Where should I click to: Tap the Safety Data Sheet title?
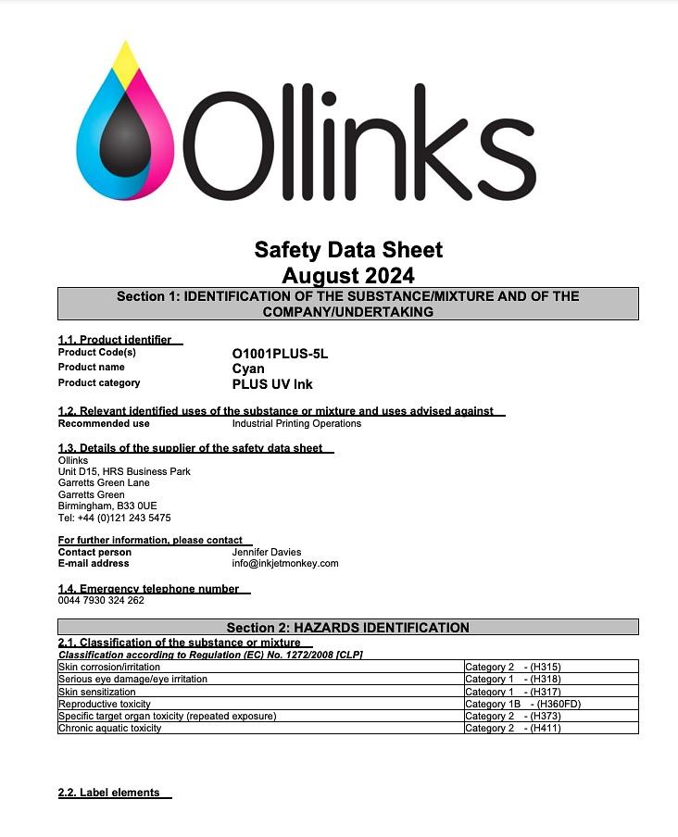pyautogui.click(x=348, y=250)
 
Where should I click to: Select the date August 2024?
pyautogui.click(x=348, y=275)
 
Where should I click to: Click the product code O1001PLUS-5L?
pyautogui.click(x=280, y=354)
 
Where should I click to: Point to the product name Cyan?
pyautogui.click(x=248, y=369)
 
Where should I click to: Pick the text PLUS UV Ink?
pyautogui.click(x=272, y=384)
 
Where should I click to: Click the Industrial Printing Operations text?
pyautogui.click(x=296, y=423)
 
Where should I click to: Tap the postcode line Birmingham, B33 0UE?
pyautogui.click(x=107, y=506)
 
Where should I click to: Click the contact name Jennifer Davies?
pyautogui.click(x=266, y=552)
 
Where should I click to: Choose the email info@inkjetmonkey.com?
pyautogui.click(x=285, y=563)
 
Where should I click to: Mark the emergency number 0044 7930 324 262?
pyautogui.click(x=101, y=600)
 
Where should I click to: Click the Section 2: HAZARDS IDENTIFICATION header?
pyautogui.click(x=348, y=628)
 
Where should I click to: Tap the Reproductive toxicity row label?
pyautogui.click(x=105, y=704)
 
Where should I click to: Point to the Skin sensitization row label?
pyautogui.click(x=99, y=692)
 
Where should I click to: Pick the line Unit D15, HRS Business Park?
pyautogui.click(x=124, y=471)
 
